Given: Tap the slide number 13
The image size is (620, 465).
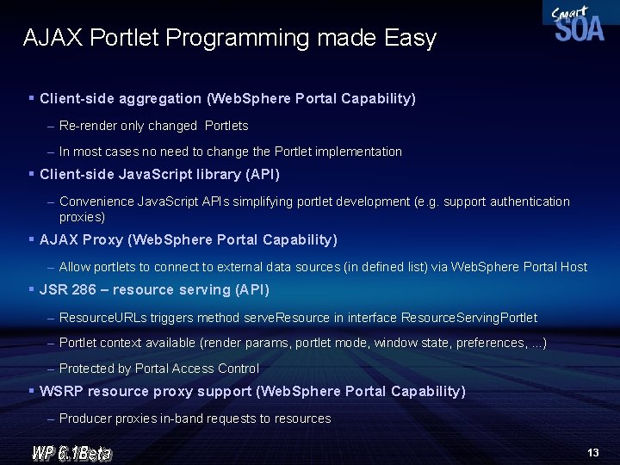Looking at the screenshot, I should click(592, 452).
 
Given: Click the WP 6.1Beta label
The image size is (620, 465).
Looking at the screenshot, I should click(71, 452).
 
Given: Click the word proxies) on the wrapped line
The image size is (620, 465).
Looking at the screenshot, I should click(82, 217).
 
